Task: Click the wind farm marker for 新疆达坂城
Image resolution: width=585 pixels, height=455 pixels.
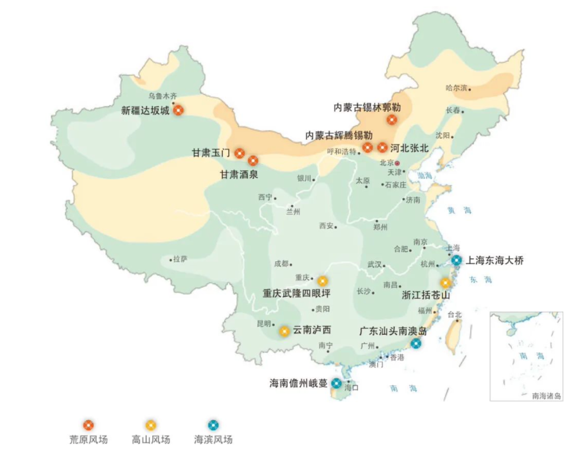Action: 179,110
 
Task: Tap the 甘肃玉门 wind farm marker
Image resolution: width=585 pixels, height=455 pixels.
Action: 239,153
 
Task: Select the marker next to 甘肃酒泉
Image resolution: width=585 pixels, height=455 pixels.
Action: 253,161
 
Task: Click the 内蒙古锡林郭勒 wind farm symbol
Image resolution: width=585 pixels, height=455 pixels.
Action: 392,120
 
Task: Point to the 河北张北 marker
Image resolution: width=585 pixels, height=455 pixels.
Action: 382,148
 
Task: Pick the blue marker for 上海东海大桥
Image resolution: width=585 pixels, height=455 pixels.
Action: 456,261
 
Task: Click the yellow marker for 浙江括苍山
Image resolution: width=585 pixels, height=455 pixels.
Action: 445,283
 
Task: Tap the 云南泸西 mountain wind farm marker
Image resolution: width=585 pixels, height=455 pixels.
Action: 284,331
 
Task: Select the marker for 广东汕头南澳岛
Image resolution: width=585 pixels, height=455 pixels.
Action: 415,343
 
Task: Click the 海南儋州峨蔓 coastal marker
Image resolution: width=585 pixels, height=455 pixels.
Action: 336,383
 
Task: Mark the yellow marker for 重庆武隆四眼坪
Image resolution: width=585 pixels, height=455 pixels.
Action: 322,280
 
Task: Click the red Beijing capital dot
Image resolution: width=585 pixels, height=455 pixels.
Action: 397,163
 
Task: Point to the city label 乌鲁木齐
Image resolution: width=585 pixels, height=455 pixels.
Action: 162,96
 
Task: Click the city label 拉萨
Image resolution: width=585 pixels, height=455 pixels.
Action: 180,259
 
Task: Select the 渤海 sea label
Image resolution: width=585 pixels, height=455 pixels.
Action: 425,175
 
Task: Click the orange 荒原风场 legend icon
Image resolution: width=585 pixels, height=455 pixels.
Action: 88,425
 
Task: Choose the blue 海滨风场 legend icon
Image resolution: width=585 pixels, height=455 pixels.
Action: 213,425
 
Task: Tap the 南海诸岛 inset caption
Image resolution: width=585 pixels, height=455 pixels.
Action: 547,396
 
